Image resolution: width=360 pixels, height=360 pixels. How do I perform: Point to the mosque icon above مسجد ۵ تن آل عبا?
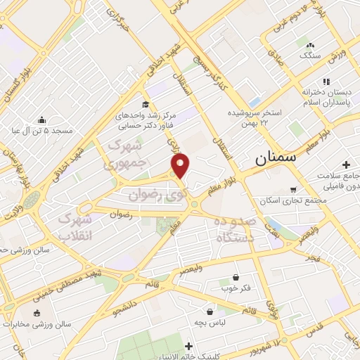point(42,120)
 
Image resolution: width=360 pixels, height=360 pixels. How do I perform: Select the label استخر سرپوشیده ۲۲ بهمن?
point(254,117)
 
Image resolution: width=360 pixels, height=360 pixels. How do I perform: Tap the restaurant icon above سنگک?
point(308,44)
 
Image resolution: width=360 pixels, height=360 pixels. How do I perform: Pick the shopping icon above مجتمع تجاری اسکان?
point(294,189)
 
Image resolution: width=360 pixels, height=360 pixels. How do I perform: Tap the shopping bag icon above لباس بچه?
point(210,311)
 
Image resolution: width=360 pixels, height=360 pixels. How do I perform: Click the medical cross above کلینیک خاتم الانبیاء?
point(188,345)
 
